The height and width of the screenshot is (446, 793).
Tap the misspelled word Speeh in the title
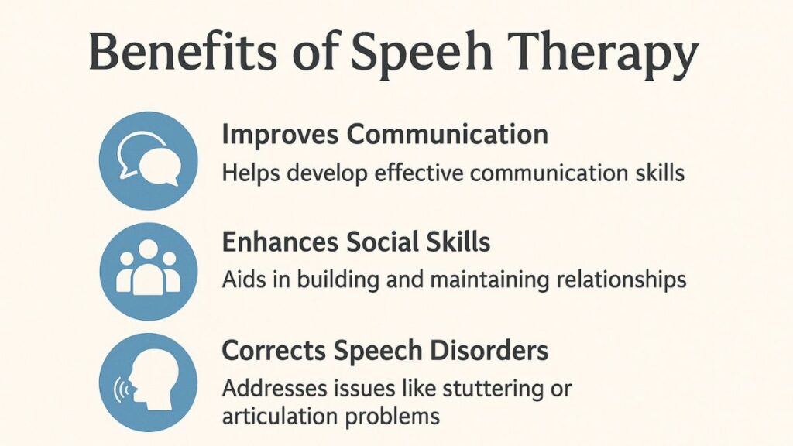coord(414,54)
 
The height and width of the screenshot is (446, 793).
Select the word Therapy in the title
coord(603,54)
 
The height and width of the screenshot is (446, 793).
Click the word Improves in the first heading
coord(280,135)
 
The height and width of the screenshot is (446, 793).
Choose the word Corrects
coord(272,350)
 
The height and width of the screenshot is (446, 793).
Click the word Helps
coord(246,172)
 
